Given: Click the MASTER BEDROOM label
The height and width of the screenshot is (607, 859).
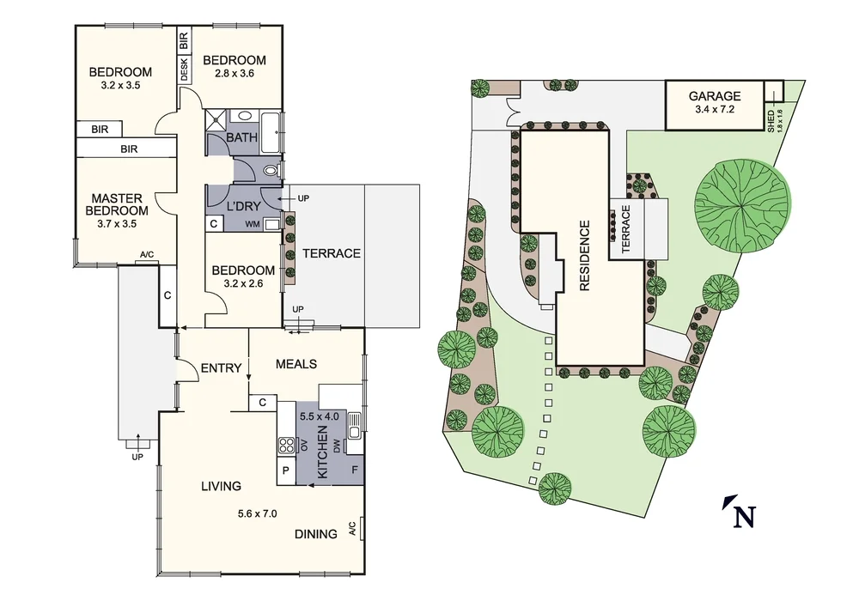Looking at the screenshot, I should [115, 204].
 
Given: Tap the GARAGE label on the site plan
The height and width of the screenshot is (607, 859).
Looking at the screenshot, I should [715, 96].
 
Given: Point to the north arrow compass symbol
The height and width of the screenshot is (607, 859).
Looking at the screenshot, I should [740, 512].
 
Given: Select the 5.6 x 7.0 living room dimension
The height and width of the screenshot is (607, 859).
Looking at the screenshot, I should [258, 514].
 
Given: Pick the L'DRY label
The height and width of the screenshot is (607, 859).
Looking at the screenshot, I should [243, 206].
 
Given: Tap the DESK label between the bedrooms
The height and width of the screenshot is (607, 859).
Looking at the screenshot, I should [184, 69].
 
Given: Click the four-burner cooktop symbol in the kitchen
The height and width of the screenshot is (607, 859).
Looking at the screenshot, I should [286, 444].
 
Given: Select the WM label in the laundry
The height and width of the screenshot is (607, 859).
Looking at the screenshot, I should [253, 225].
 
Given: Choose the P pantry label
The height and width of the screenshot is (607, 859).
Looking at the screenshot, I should [285, 471].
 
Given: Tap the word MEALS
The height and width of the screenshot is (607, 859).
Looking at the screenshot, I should [296, 364].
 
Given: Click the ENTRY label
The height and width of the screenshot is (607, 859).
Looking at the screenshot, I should [221, 368].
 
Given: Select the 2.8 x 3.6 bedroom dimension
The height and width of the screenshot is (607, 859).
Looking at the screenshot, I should [234, 74].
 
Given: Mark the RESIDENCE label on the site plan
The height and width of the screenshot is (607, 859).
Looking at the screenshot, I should [585, 256].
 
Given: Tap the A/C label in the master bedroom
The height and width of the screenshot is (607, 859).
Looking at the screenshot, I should [146, 255].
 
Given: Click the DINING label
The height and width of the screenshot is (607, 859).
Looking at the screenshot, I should [315, 534].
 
